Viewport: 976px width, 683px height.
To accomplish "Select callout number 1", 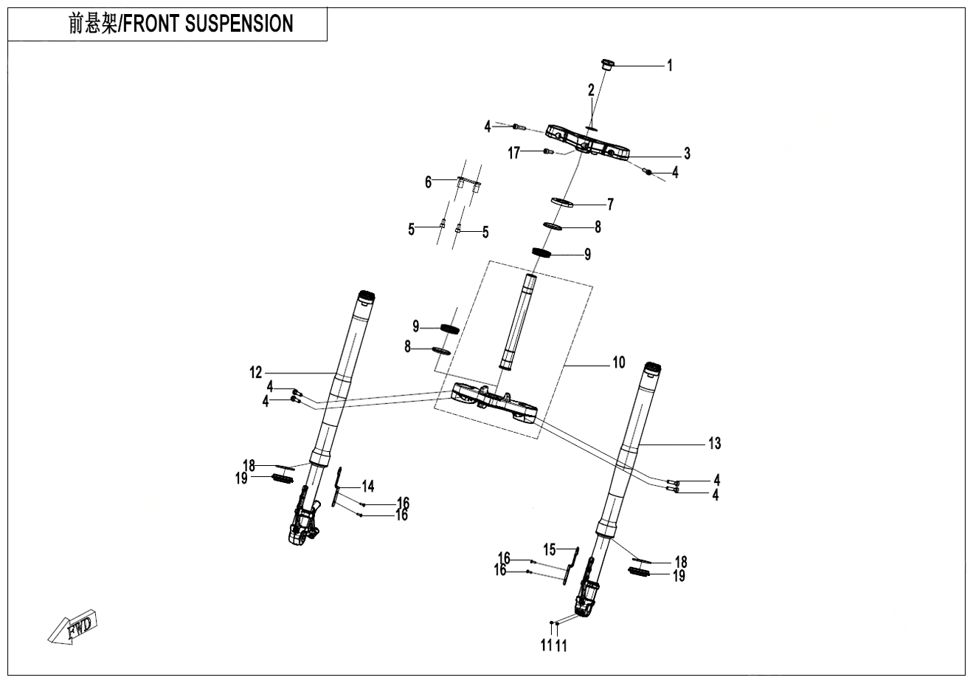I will click(670, 66).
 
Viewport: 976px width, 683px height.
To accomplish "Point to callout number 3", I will click(687, 154).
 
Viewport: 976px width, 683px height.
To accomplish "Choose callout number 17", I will click(514, 153).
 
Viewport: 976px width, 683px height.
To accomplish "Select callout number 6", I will click(428, 182).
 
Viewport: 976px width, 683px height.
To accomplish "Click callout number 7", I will click(610, 204).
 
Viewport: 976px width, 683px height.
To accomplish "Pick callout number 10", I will click(618, 363).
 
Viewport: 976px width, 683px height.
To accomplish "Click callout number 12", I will click(256, 373).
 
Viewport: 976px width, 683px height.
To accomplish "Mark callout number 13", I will click(714, 443).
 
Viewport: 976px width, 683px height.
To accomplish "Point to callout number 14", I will click(367, 486).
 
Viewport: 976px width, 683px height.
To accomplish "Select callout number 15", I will click(549, 549).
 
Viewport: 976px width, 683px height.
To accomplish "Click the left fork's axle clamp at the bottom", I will click(302, 527).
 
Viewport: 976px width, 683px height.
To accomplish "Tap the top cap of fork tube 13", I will click(651, 368).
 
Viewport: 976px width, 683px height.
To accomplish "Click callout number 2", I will click(591, 90).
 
